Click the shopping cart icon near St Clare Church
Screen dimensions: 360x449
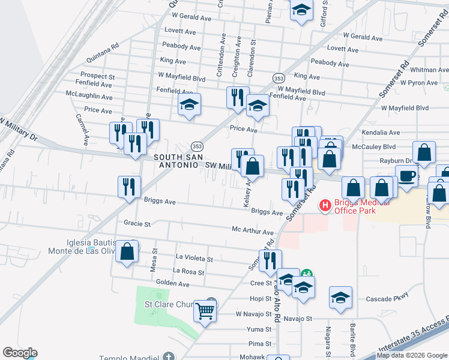tap(205, 311)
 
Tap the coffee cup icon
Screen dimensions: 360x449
tap(407, 175)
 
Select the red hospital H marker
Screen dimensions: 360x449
tap(325, 206)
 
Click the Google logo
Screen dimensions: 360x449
tap(20, 353)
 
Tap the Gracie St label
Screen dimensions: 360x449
tap(137, 223)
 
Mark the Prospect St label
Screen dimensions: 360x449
tap(97, 76)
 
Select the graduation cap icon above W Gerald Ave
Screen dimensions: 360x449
tap(301, 10)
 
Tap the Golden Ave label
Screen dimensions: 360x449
tap(172, 282)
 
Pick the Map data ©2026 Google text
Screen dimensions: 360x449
tap(412, 355)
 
